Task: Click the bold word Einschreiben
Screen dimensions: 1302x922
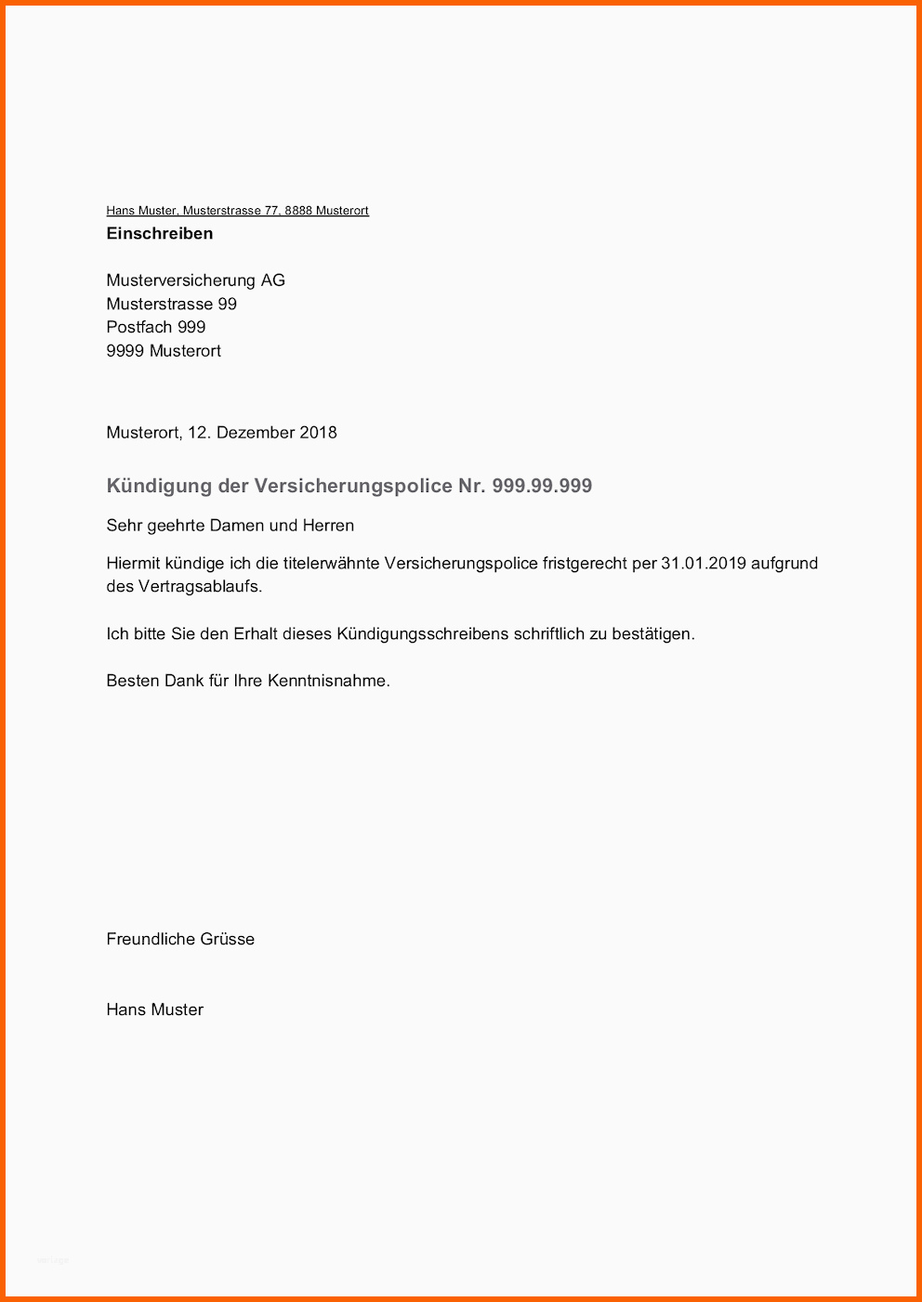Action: (x=160, y=233)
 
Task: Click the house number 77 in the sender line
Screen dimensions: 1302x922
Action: (x=271, y=211)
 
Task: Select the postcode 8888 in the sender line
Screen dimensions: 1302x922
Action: (x=298, y=211)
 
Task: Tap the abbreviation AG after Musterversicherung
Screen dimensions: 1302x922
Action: (x=272, y=280)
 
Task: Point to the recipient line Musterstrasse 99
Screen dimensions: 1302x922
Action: (x=172, y=304)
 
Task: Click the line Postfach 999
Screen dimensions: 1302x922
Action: (x=156, y=327)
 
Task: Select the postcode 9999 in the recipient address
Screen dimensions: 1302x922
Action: (x=125, y=351)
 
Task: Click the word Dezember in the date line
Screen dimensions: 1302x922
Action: (x=249, y=433)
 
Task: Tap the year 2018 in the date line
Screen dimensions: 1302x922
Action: (x=318, y=433)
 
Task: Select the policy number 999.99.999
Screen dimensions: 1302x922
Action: (x=542, y=486)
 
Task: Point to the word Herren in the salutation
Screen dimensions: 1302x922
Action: (x=328, y=526)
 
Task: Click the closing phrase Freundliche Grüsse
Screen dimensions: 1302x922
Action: (x=180, y=939)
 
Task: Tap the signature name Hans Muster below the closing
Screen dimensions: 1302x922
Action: (x=154, y=1009)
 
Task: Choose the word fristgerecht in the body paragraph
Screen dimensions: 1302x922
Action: (x=585, y=564)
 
